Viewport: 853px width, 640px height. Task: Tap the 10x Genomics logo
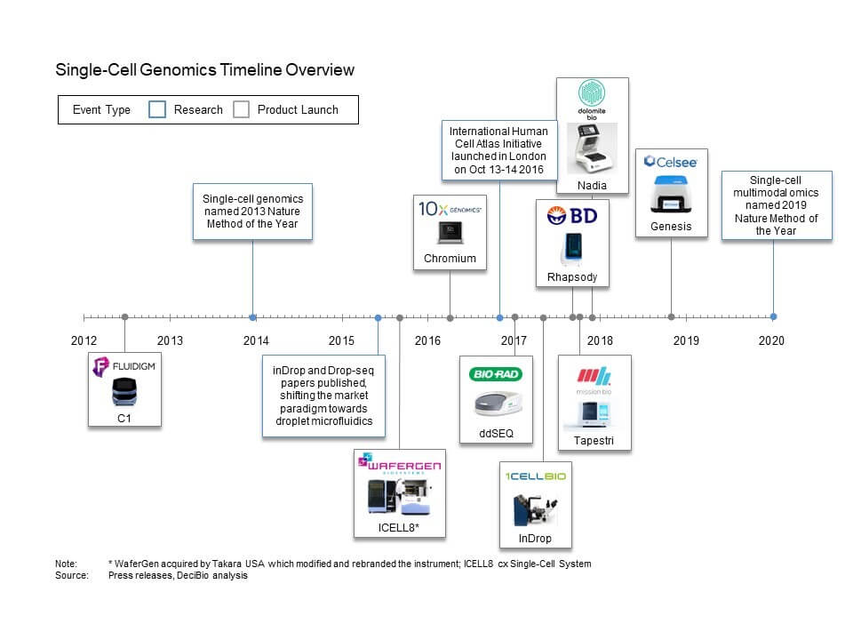pos(450,209)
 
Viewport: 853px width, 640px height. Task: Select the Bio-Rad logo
pos(492,376)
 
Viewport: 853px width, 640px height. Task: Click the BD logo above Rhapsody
pos(572,215)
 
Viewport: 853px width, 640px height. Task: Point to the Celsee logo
pos(671,162)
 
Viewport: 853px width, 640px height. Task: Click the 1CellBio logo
pos(535,476)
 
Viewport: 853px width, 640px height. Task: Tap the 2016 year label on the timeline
pos(427,340)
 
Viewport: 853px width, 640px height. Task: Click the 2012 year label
pos(84,340)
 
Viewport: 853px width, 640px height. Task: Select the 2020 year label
pos(771,340)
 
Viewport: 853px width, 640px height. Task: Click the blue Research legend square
pos(156,109)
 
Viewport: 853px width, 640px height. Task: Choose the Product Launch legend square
pos(241,109)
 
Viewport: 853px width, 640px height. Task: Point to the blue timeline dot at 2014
pos(253,317)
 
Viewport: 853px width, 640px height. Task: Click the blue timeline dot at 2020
pos(773,316)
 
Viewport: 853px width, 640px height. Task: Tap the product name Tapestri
pos(594,441)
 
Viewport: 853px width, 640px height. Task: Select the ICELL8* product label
pos(399,530)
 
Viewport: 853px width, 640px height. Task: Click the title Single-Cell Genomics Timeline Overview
pos(204,70)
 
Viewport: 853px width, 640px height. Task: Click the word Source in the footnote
pos(72,575)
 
